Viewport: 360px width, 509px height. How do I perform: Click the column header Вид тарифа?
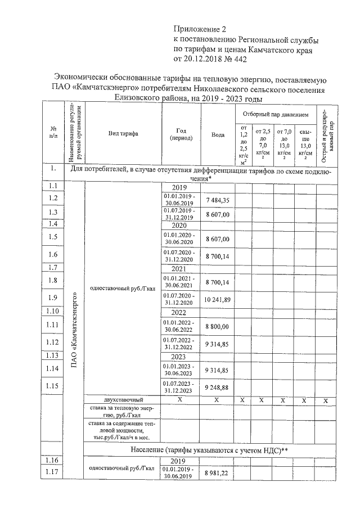pos(123,133)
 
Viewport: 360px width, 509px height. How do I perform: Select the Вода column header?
pos(218,134)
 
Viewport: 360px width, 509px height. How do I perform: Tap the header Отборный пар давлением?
pos(276,114)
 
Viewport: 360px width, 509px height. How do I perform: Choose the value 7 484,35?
pos(218,200)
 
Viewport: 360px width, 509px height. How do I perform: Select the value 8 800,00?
pos(218,327)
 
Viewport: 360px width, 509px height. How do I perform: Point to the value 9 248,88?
pos(218,388)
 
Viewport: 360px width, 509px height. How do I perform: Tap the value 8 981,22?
pos(218,474)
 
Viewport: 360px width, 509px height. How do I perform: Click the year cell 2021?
pos(178,269)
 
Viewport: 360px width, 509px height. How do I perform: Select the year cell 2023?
pos(178,357)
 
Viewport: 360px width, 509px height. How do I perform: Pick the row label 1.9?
pos(53,298)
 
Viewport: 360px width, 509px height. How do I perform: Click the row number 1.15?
pos(53,385)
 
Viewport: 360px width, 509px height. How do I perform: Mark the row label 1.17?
pos(53,471)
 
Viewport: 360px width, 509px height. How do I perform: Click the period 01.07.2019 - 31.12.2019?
pos(178,213)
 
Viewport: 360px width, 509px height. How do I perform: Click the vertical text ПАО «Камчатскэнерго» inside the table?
pos(74,332)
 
